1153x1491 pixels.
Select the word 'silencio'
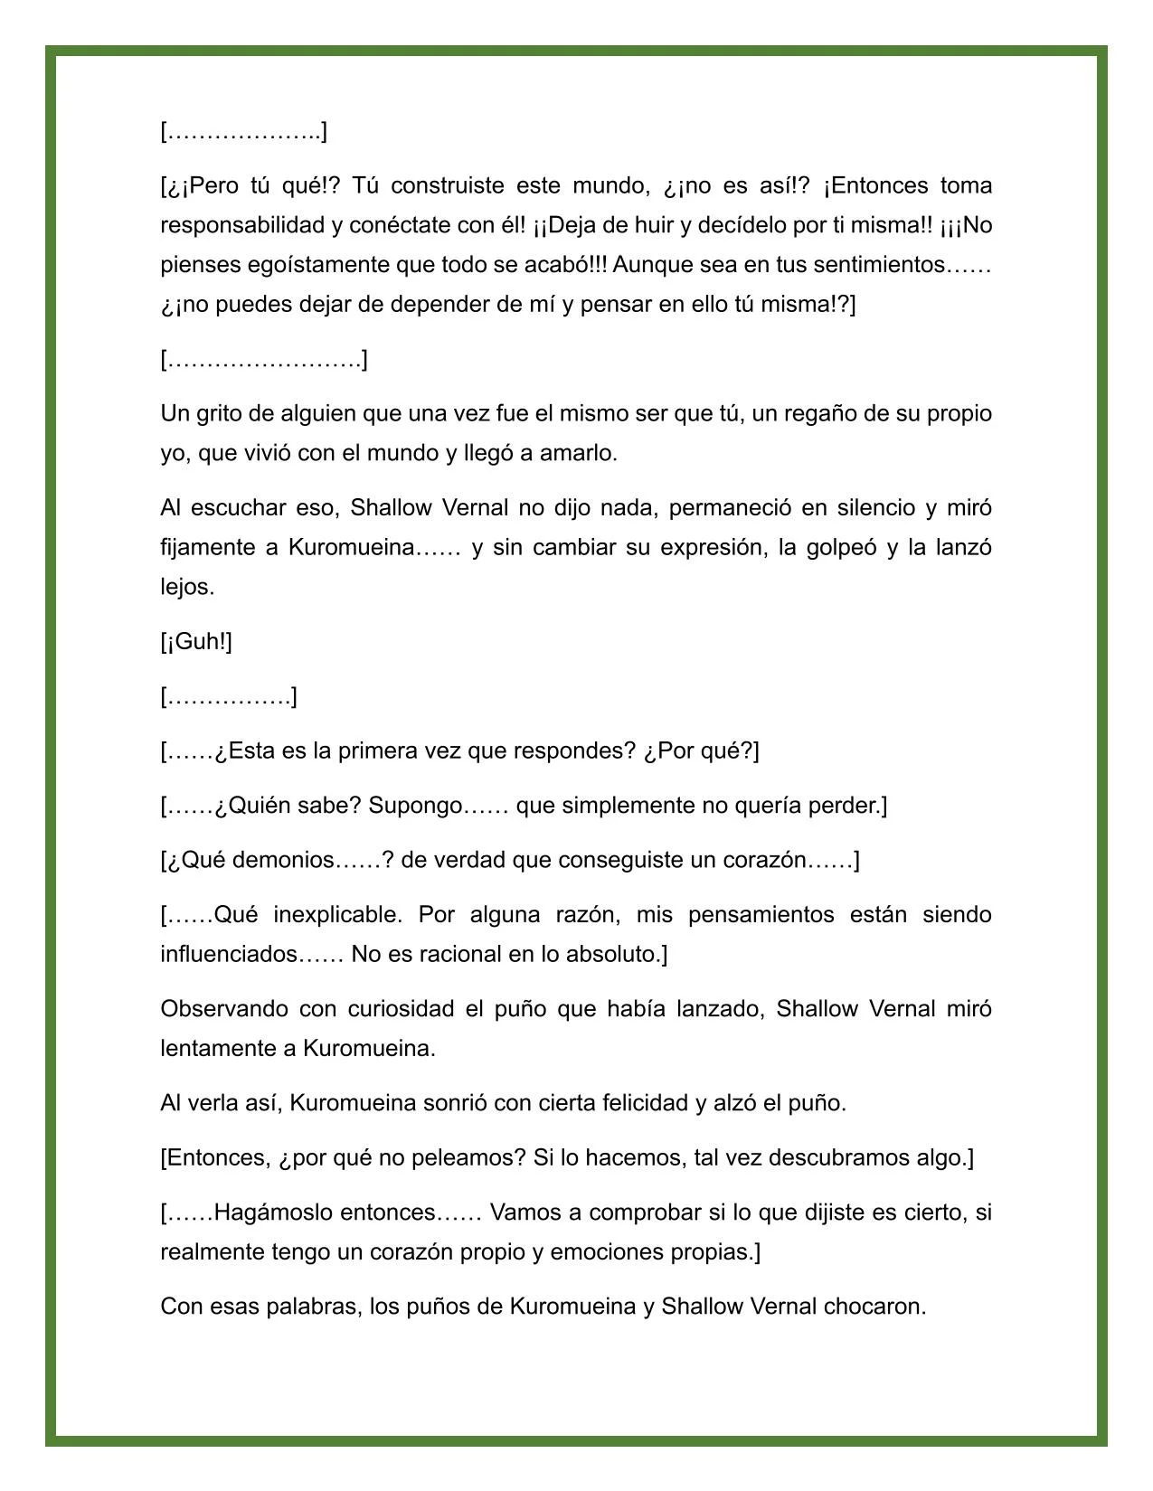tap(868, 507)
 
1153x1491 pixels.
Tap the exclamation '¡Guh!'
tap(197, 641)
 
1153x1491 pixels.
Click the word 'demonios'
tap(283, 859)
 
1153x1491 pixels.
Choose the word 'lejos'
tap(185, 587)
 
